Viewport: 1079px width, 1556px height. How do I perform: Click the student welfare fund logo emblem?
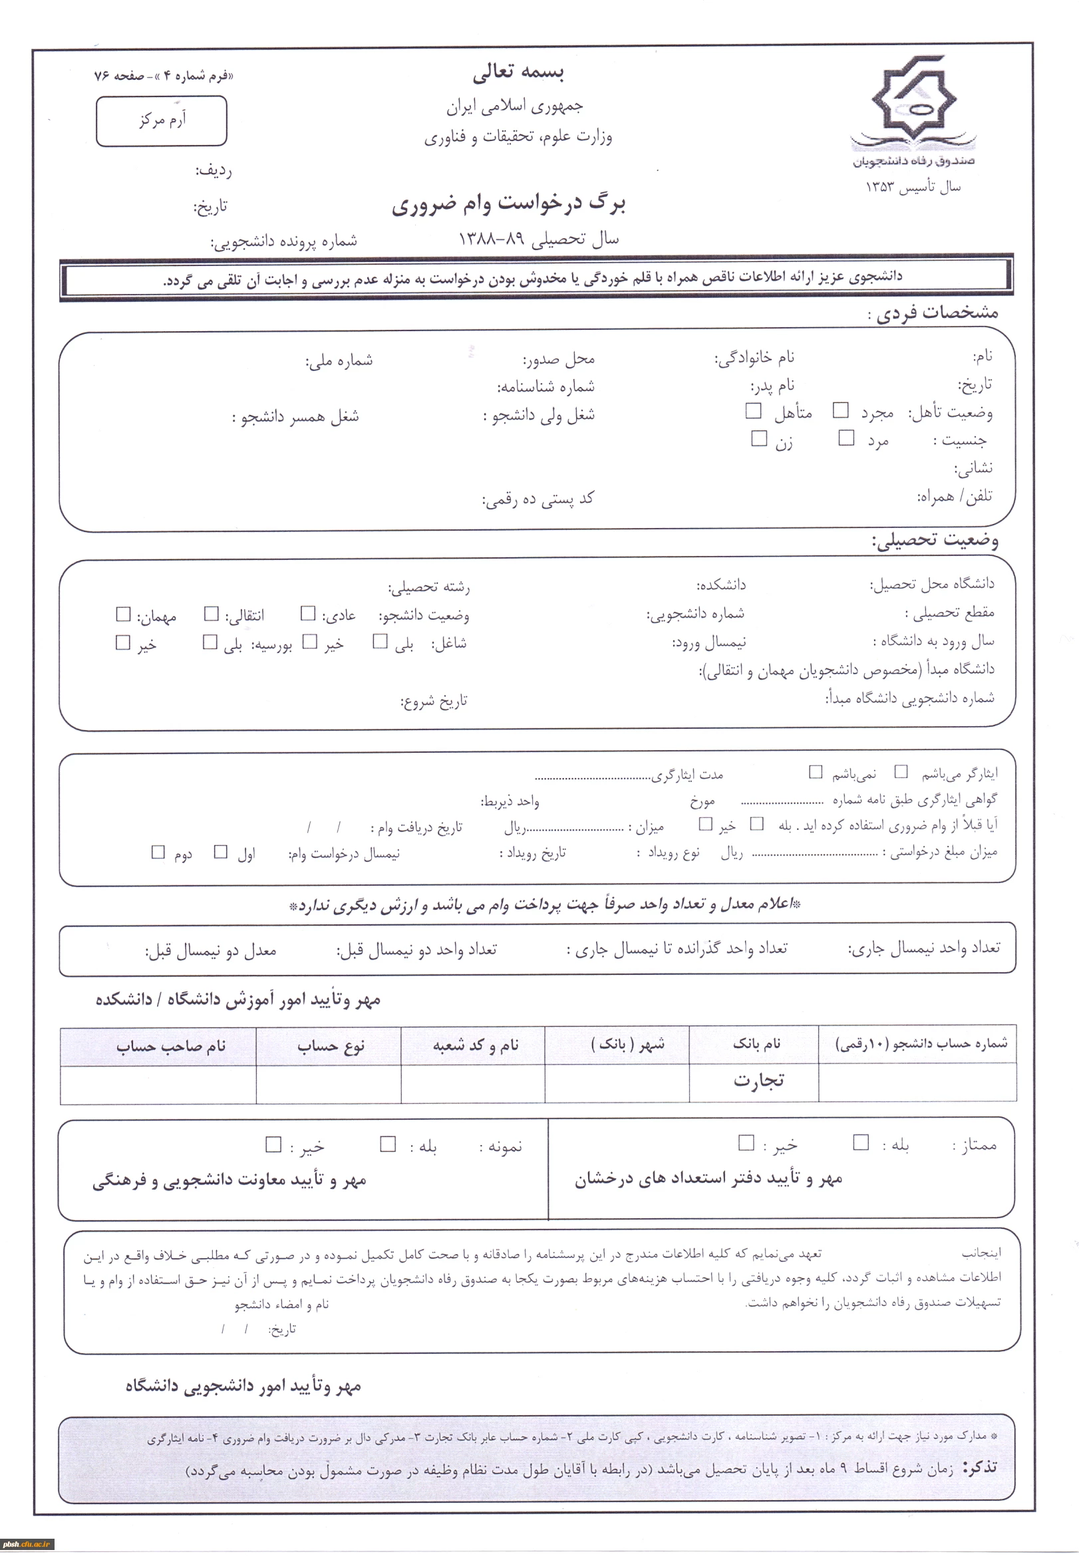[x=913, y=101]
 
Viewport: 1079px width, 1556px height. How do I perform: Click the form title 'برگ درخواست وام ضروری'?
[x=508, y=203]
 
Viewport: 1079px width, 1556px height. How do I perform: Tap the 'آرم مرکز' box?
[x=162, y=121]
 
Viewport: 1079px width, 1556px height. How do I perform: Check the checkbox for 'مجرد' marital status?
[x=840, y=410]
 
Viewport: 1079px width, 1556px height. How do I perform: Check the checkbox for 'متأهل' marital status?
[x=753, y=410]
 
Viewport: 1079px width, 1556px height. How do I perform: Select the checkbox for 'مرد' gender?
[x=846, y=438]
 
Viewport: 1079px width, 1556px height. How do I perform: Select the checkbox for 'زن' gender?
[x=759, y=438]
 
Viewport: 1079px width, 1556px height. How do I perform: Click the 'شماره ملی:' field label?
[x=339, y=360]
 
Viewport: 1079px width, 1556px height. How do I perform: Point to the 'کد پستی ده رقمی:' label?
[x=538, y=499]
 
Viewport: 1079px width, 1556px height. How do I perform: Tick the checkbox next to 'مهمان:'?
[x=123, y=614]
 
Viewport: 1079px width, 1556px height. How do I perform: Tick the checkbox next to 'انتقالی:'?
[x=212, y=614]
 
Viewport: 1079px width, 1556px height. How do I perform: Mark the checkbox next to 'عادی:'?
[x=308, y=614]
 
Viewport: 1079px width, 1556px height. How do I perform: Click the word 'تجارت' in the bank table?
[x=758, y=1081]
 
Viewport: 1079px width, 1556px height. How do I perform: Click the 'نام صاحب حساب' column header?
[x=170, y=1047]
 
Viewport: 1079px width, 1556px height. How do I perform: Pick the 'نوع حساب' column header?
[x=331, y=1047]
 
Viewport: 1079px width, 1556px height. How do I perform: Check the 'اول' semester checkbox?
[x=220, y=851]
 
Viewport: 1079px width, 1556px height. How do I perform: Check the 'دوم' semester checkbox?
[x=158, y=852]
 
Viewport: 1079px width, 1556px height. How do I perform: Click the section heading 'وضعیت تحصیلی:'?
[x=935, y=540]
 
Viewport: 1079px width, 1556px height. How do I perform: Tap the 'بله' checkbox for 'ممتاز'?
[x=861, y=1142]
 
